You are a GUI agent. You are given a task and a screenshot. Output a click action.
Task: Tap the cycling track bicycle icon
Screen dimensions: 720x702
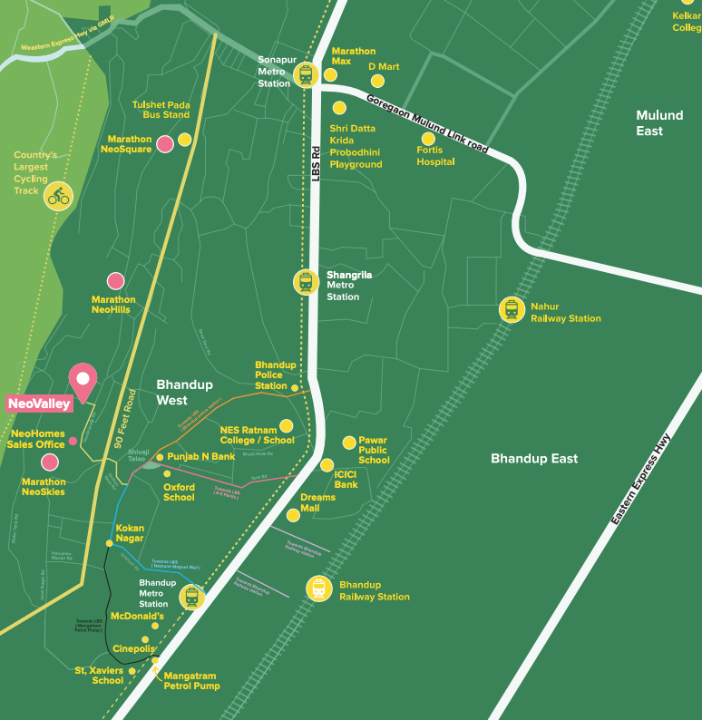point(59,196)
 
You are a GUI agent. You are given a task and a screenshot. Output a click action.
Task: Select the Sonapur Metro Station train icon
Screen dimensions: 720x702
point(305,73)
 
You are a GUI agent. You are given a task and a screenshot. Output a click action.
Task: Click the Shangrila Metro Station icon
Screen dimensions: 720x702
point(306,282)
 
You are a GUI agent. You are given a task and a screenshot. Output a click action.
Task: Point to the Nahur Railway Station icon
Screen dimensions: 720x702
point(512,310)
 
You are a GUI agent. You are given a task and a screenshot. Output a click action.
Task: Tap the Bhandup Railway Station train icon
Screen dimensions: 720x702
point(318,589)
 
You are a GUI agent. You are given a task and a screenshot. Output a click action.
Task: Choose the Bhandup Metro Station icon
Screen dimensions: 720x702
point(191,596)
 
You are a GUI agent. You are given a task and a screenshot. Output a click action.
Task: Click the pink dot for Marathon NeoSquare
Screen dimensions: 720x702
point(165,143)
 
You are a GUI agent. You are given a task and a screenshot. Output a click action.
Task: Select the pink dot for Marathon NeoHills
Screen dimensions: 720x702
point(115,281)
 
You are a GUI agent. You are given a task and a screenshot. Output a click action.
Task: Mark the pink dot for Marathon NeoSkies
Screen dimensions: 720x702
point(50,462)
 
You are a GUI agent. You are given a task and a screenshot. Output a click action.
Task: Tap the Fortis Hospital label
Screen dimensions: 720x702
point(435,156)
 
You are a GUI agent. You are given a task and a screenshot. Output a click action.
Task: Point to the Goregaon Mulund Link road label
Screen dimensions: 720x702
point(427,122)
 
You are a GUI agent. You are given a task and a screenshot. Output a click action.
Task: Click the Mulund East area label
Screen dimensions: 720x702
point(659,123)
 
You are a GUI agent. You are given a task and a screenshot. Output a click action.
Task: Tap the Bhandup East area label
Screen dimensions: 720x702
point(533,459)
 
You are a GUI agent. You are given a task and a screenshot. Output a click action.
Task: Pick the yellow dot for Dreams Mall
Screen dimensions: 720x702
point(293,515)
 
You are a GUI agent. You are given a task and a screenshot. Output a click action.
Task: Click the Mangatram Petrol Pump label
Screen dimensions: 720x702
point(191,680)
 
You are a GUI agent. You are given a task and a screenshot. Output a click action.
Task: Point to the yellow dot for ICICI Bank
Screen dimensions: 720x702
point(327,465)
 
